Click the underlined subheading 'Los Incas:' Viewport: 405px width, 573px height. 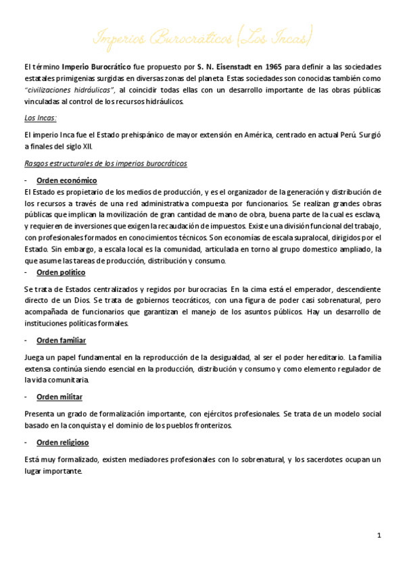tap(41, 117)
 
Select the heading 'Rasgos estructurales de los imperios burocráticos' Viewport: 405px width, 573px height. tap(105, 164)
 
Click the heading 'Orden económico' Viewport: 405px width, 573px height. tap(67, 180)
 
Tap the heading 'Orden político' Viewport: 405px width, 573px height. tap(61, 272)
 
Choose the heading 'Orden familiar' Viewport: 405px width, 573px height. tap(62, 340)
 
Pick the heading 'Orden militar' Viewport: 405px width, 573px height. tap(59, 397)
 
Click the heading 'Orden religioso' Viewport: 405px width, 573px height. tap(63, 443)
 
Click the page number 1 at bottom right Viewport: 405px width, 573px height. tap(379, 535)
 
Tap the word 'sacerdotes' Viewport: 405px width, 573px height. tap(320, 459)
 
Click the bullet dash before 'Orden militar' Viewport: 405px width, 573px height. tap(25, 397)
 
